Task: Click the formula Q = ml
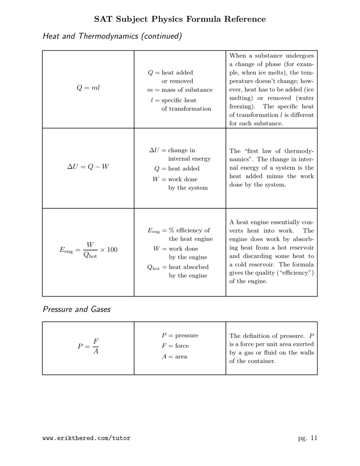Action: (x=88, y=88)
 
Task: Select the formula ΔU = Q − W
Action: (x=88, y=167)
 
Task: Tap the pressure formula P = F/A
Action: (x=88, y=346)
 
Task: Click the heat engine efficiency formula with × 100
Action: (x=88, y=250)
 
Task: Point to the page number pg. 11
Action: (x=307, y=438)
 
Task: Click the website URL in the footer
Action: (x=86, y=438)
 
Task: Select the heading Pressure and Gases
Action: (x=76, y=309)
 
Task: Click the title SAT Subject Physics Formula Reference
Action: (x=180, y=19)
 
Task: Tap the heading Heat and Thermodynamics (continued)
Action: (x=112, y=36)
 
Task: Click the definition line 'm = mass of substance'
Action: (x=180, y=90)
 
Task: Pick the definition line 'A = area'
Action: (x=174, y=357)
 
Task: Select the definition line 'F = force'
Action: (x=175, y=346)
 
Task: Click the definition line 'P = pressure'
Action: (x=180, y=335)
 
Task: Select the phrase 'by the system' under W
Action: (x=188, y=188)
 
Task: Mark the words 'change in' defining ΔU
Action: (x=182, y=150)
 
